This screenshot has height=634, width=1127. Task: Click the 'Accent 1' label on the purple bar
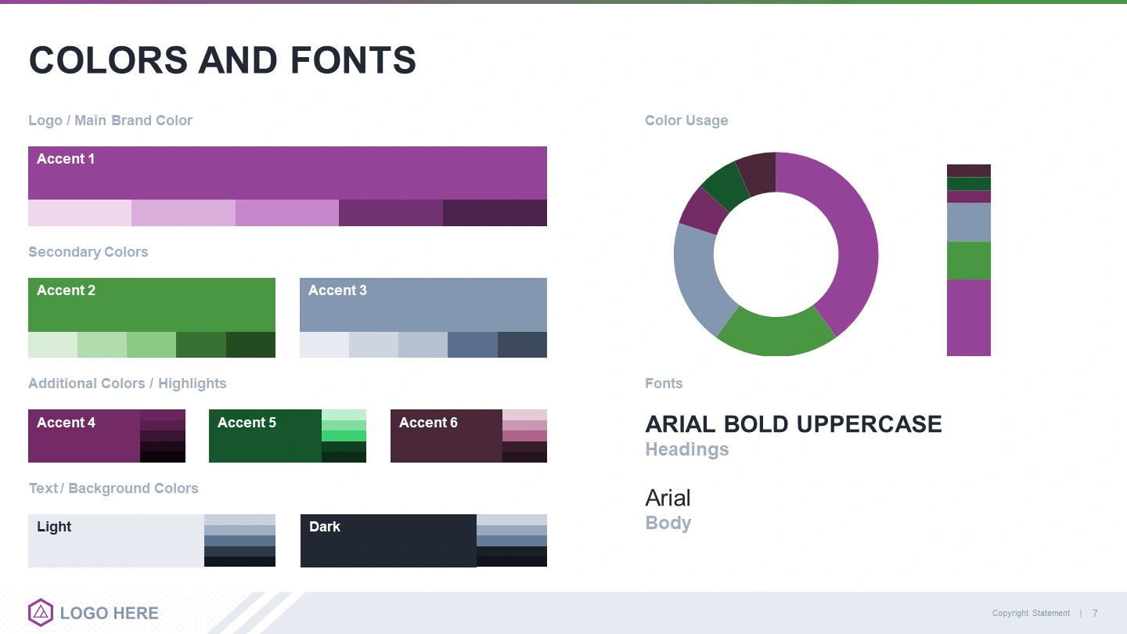click(x=66, y=159)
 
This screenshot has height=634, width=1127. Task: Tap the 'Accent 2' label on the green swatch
click(x=66, y=290)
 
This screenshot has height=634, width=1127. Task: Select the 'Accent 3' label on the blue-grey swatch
click(x=337, y=290)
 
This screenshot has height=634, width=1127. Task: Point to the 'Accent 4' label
click(x=66, y=423)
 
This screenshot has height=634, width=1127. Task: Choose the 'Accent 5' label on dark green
click(x=247, y=423)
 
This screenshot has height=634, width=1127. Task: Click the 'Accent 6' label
click(x=428, y=423)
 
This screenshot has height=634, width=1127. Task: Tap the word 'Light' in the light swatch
click(x=54, y=527)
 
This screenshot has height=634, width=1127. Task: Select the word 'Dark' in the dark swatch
click(x=325, y=527)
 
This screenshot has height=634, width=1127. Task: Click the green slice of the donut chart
click(x=776, y=336)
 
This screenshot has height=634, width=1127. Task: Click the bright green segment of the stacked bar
click(x=969, y=261)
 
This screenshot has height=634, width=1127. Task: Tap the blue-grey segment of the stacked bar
click(x=969, y=222)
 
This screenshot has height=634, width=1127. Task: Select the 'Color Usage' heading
click(x=686, y=121)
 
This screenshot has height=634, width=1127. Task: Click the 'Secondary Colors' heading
click(x=88, y=252)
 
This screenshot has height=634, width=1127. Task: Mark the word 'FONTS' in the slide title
click(x=353, y=60)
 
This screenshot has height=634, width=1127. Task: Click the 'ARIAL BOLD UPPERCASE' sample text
click(x=794, y=424)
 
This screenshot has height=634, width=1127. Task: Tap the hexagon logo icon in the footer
click(x=41, y=612)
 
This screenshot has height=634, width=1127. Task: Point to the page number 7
click(x=1095, y=614)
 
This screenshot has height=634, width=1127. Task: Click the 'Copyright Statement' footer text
click(x=1031, y=614)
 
